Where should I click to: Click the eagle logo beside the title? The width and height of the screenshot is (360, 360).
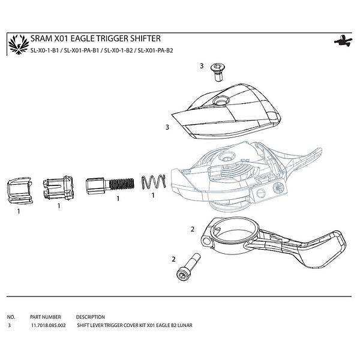click(19, 44)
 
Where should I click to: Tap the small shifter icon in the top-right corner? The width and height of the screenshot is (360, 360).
click(343, 41)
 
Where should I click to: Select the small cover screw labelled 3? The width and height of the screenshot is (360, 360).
click(218, 72)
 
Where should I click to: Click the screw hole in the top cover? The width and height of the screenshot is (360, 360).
click(221, 101)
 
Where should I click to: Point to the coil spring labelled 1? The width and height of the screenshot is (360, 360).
click(154, 182)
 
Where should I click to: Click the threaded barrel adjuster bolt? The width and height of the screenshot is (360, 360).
click(110, 185)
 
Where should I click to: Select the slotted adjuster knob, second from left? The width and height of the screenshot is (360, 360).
click(59, 188)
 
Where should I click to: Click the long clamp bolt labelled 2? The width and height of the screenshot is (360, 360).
click(188, 267)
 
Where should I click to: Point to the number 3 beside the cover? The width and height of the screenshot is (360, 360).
click(167, 127)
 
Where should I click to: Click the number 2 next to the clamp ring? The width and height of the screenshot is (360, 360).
click(193, 229)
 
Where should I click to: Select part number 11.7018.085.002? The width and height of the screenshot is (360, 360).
click(49, 325)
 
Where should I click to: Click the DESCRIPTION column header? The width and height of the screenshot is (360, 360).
click(91, 317)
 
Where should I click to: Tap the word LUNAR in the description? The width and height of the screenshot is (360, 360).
click(185, 325)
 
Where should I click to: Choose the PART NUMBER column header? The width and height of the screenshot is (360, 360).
click(46, 317)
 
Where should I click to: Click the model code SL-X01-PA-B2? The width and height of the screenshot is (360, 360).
click(155, 50)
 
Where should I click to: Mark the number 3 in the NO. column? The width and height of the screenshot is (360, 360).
click(9, 325)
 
